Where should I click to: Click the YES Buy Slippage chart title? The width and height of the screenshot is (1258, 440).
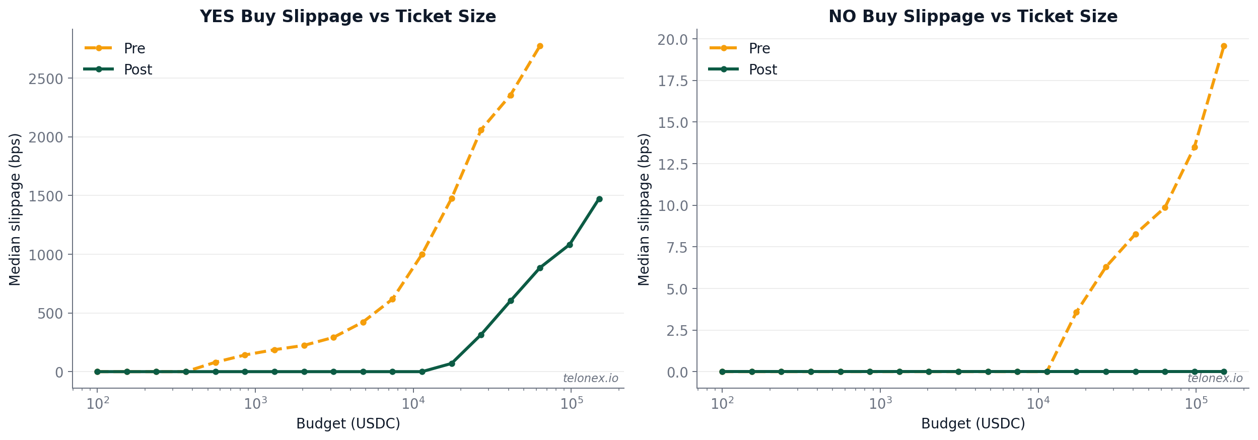click(347, 17)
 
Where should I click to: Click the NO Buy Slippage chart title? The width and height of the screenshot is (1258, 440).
click(972, 17)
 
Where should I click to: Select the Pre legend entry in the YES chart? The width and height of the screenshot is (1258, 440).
click(134, 48)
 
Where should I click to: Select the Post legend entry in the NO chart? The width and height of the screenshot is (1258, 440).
click(762, 69)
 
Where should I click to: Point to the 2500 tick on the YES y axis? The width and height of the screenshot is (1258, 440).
click(45, 79)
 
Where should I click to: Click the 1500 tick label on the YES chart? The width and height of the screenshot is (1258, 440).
click(45, 196)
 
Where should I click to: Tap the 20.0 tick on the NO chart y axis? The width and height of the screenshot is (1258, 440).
click(673, 39)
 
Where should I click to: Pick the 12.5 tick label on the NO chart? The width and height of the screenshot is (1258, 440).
click(673, 164)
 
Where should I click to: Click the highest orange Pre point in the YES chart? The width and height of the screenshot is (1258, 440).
click(540, 46)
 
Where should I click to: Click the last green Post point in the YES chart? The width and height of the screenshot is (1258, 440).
click(599, 199)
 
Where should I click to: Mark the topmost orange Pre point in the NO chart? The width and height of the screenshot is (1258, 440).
click(1224, 46)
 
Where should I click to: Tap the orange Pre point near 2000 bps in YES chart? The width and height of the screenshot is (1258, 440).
click(481, 130)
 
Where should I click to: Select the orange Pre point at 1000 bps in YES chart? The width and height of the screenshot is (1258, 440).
click(422, 254)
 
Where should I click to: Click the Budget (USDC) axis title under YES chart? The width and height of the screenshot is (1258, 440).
click(347, 423)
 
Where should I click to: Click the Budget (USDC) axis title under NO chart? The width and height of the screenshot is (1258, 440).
click(972, 423)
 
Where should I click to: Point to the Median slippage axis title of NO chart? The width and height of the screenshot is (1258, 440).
click(644, 209)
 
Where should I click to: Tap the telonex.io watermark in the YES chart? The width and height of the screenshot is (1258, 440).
click(590, 378)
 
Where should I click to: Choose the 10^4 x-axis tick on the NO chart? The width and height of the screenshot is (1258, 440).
click(1038, 403)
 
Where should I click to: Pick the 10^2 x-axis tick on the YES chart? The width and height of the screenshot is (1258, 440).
click(98, 403)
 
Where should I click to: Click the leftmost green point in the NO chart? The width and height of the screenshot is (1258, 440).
click(722, 372)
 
